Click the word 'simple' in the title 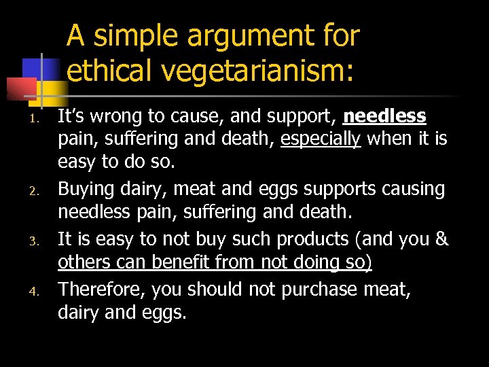click(132, 36)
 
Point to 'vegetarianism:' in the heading click(260, 71)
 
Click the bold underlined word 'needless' click(384, 117)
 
